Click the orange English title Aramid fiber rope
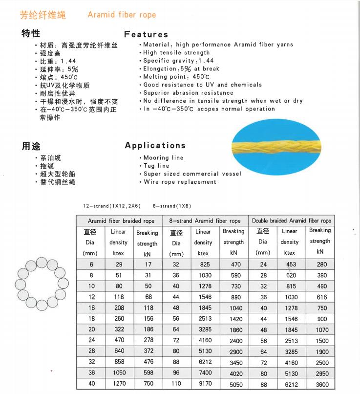point(122,15)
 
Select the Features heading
point(146,34)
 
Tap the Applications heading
point(155,145)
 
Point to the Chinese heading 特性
point(31,33)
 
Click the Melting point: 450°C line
point(176,77)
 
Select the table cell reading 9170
point(206,384)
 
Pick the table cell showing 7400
point(206,373)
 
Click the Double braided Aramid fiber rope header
point(292,221)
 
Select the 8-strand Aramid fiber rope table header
point(205,221)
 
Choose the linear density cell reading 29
point(118,264)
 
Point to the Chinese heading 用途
point(31,146)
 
